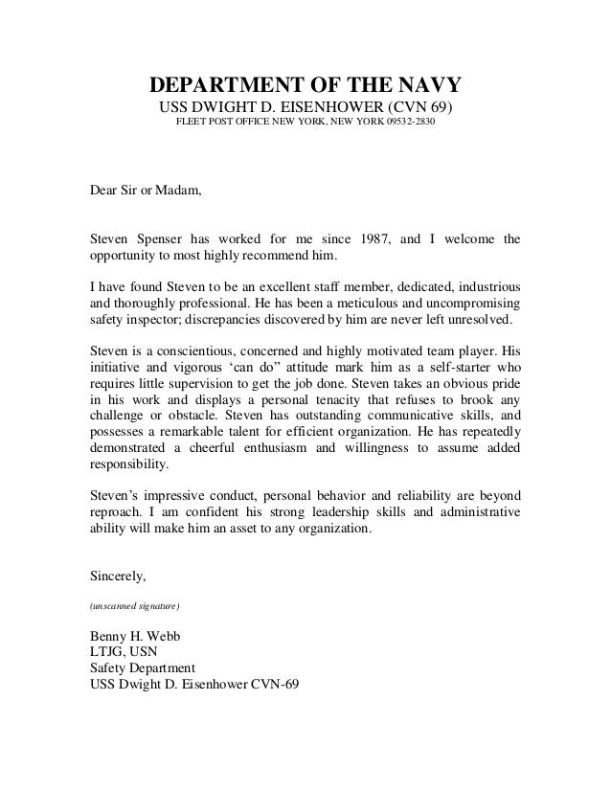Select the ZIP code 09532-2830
coord(412,124)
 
